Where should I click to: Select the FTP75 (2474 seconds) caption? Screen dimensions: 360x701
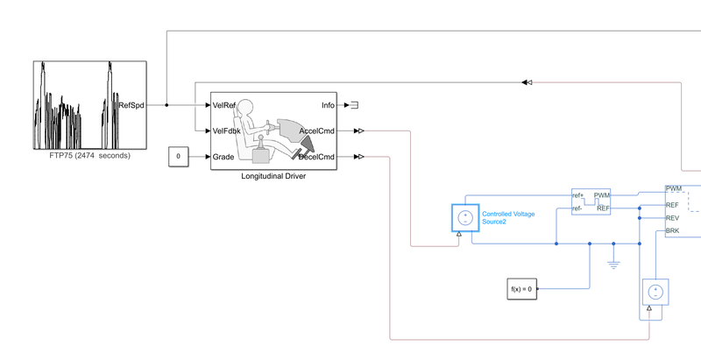pyautogui.click(x=89, y=156)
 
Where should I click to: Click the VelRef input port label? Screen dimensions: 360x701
pyautogui.click(x=225, y=105)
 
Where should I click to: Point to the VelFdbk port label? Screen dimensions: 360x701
pyautogui.click(x=227, y=131)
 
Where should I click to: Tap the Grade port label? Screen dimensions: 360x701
pyautogui.click(x=223, y=157)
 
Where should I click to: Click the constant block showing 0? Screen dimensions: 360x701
pyautogui.click(x=179, y=157)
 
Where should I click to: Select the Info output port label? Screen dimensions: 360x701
pyautogui.click(x=328, y=105)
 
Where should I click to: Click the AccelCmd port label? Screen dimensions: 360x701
pyautogui.click(x=316, y=131)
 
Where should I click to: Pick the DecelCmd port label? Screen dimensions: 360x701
pyautogui.click(x=316, y=157)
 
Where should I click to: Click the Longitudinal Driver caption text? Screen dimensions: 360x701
pyautogui.click(x=274, y=176)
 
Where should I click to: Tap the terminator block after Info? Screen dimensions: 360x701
pyautogui.click(x=354, y=105)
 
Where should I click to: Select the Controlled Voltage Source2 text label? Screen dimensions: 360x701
pyautogui.click(x=508, y=217)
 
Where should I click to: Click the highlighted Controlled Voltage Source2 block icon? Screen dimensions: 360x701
pyautogui.click(x=465, y=217)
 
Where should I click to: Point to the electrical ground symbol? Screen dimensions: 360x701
pyautogui.click(x=613, y=260)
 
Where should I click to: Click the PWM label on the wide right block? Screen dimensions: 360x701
pyautogui.click(x=674, y=188)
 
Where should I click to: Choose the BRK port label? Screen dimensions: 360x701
pyautogui.click(x=673, y=231)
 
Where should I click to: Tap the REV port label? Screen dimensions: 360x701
pyautogui.click(x=673, y=217)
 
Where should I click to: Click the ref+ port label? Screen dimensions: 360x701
pyautogui.click(x=578, y=195)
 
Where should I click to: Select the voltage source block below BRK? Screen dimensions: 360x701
pyautogui.click(x=655, y=291)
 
